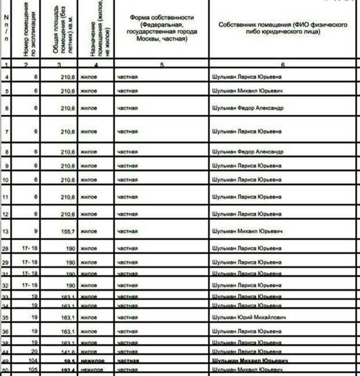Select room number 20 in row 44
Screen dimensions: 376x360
[x=34, y=351]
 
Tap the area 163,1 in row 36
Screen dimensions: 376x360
[x=67, y=332]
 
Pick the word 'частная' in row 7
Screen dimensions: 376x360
[x=127, y=132]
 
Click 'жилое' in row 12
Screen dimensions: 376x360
[x=89, y=215]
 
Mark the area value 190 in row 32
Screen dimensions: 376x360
[x=70, y=285]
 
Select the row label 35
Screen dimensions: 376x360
[x=6, y=318]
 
